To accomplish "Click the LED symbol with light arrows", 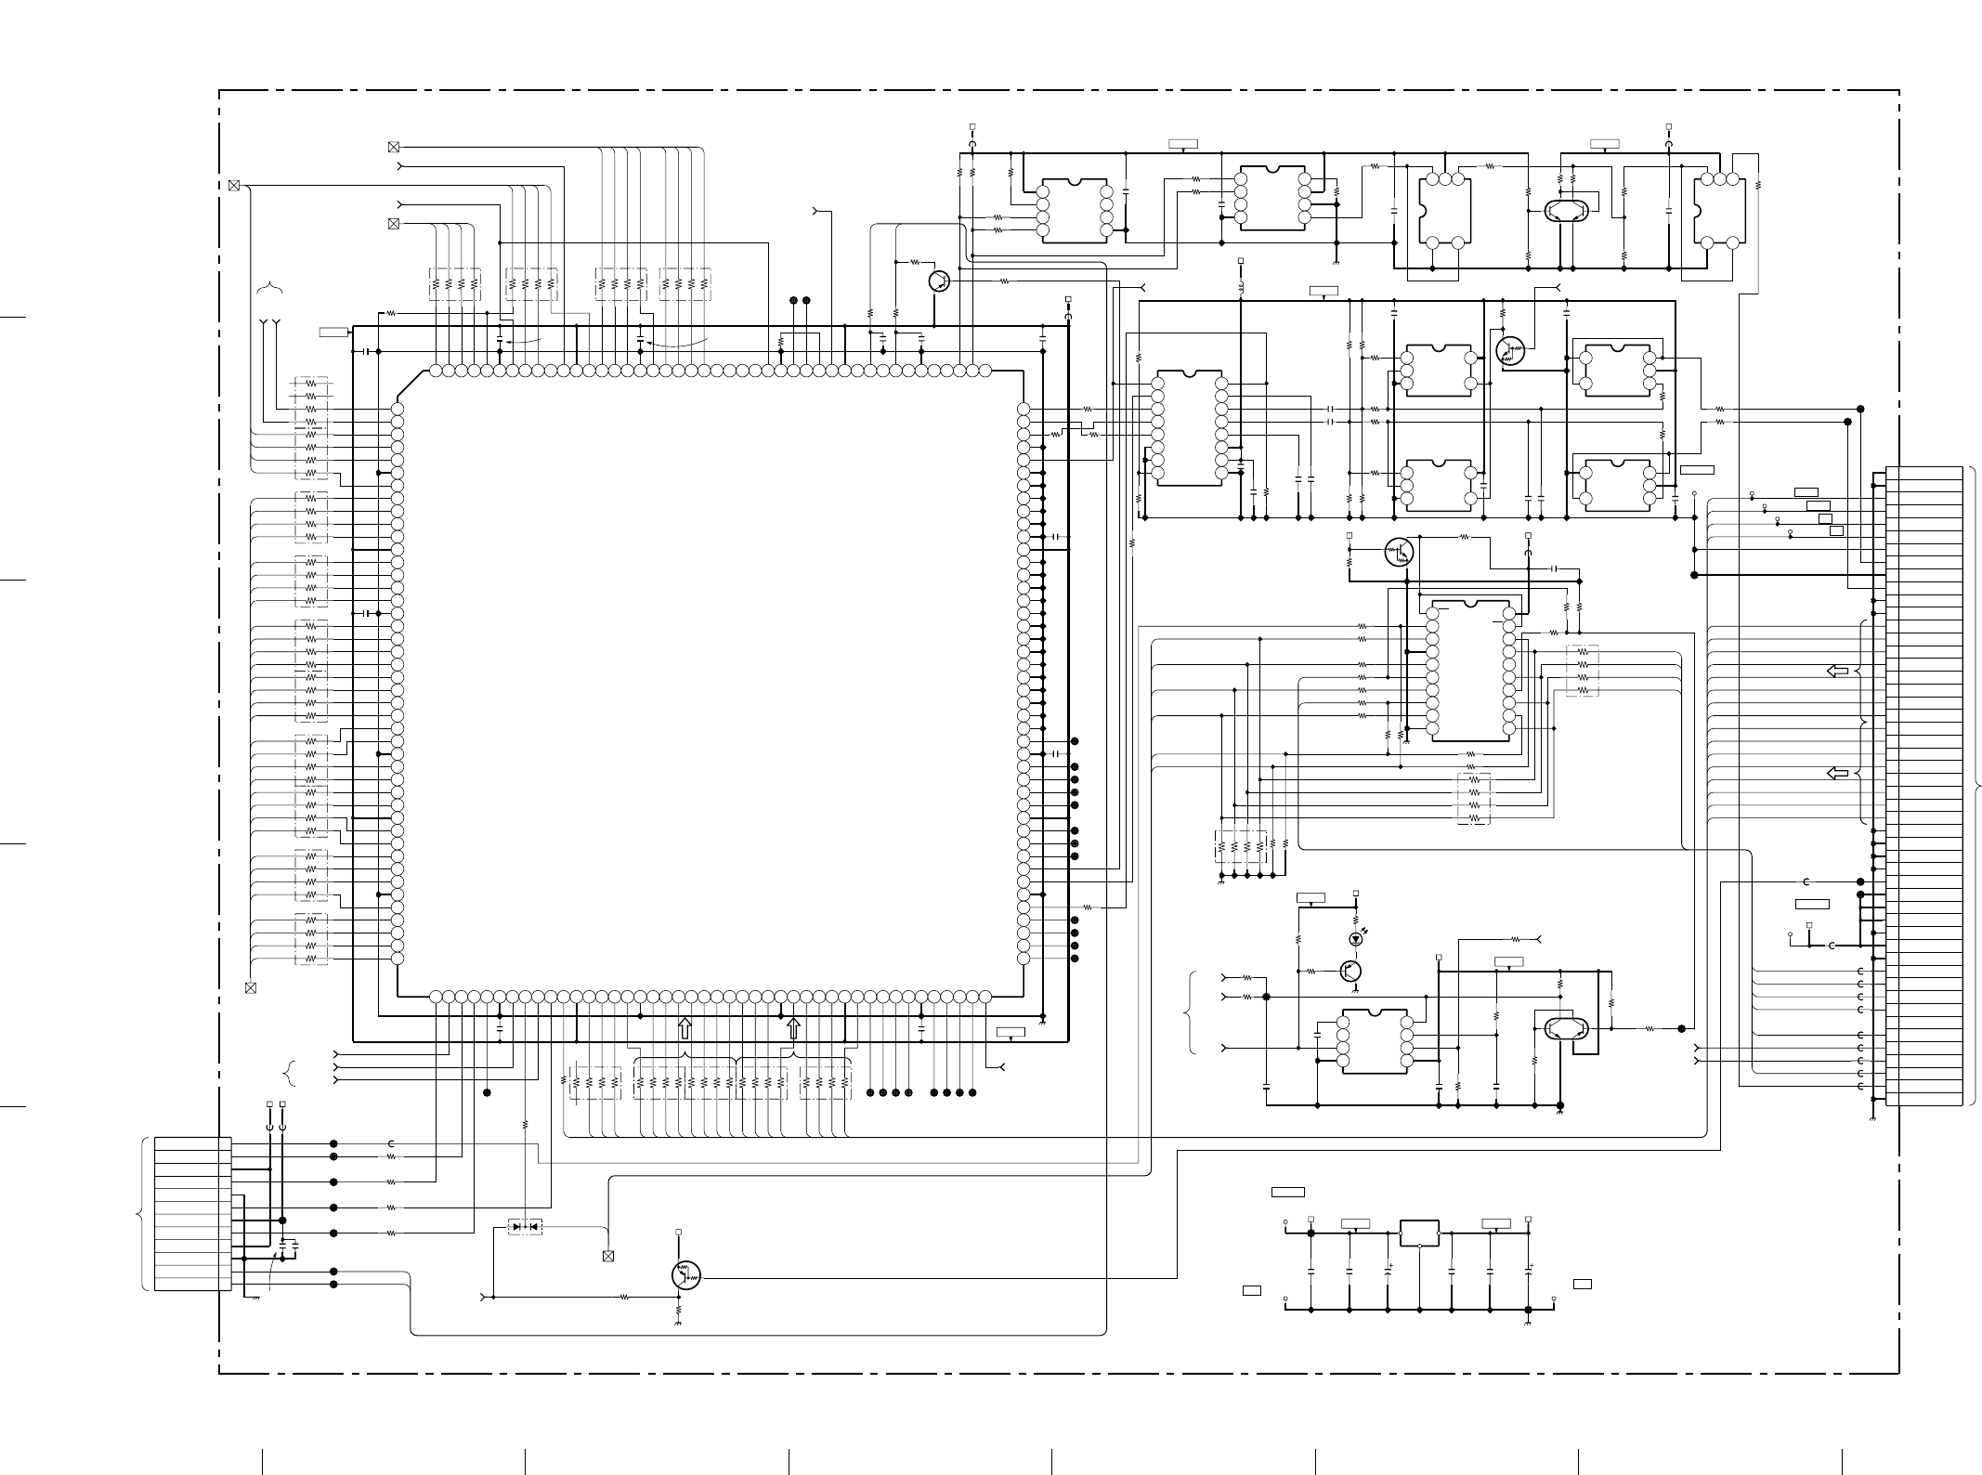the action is pos(1356,939).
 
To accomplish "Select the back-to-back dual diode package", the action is pos(526,1227).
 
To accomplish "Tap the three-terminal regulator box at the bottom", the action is pos(1419,1233).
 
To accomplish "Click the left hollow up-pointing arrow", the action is pos(685,1028).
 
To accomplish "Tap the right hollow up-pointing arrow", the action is pos(793,1028).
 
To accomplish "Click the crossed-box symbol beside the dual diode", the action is pos(608,1257).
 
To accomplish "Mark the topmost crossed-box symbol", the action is pos(393,147).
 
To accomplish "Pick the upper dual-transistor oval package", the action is pos(1566,211).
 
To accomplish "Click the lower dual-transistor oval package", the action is pos(1566,1028).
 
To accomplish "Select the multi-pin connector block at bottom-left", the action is pos(193,1213).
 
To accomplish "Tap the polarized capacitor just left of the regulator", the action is pos(1388,1268).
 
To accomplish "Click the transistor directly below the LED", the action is pos(1351,971).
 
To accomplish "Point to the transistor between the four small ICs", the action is pos(1511,349).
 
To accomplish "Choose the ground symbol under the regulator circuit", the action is pos(1528,1318).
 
